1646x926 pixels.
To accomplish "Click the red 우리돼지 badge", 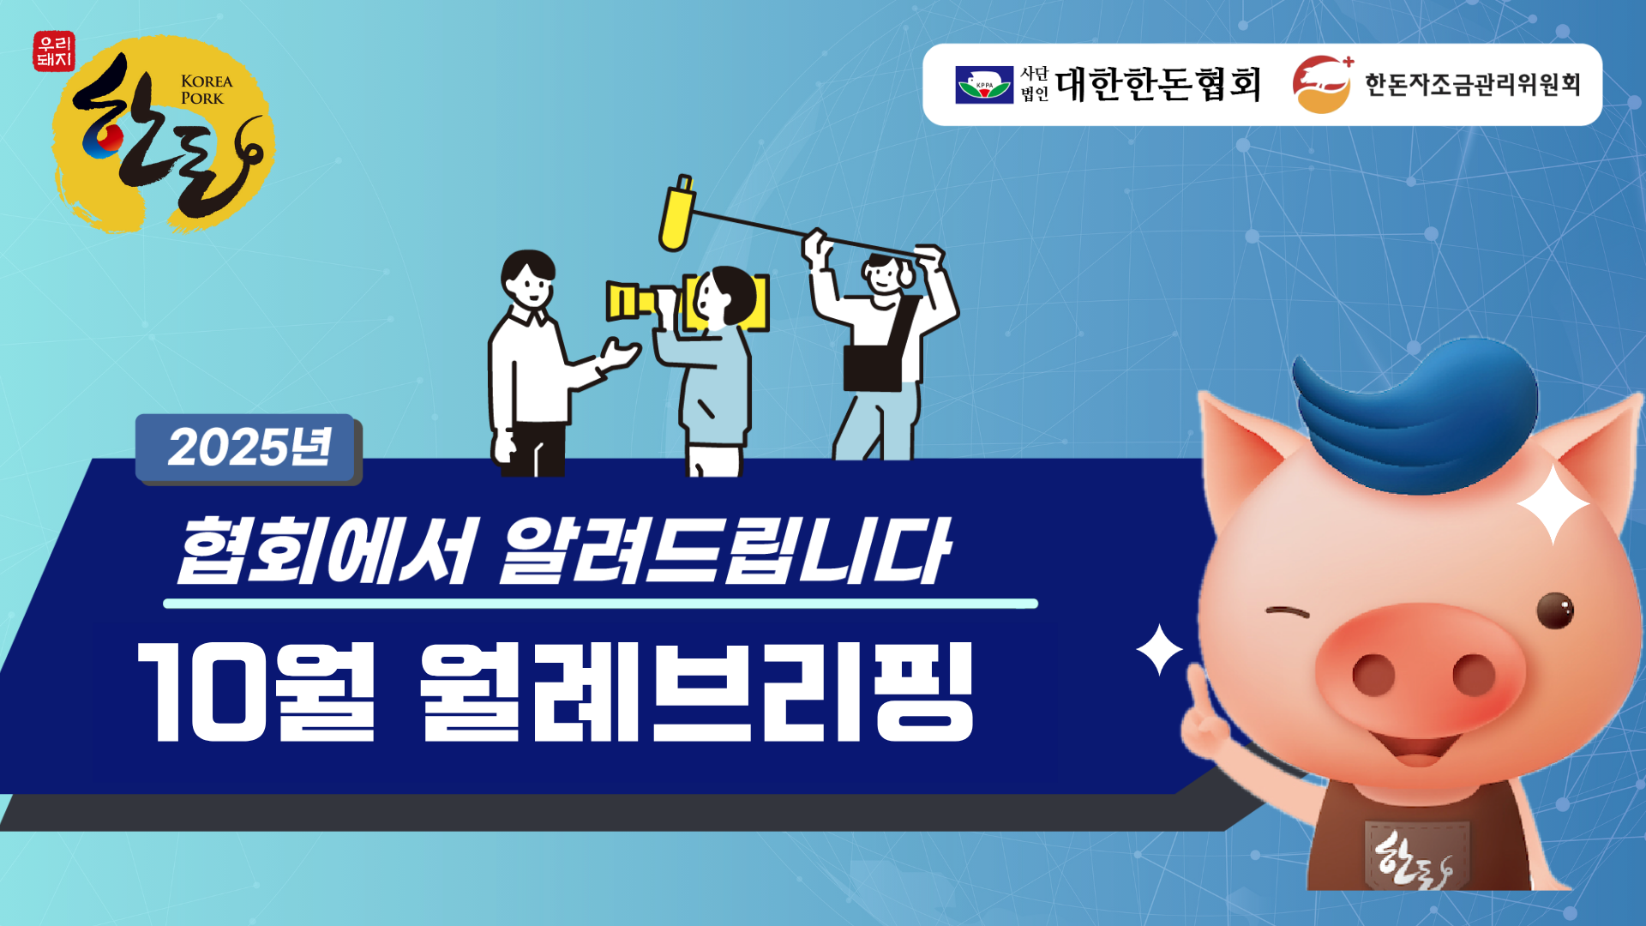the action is click(54, 51).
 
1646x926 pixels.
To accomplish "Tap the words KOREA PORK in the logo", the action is click(207, 90).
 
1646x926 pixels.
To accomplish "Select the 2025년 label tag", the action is click(248, 448).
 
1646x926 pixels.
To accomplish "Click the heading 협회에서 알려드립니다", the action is click(562, 551).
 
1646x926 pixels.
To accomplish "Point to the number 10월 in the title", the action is click(256, 692).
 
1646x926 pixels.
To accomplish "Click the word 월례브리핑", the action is click(697, 692).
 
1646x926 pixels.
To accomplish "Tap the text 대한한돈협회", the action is click(1158, 84).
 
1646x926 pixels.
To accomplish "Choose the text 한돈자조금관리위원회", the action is click(1472, 84).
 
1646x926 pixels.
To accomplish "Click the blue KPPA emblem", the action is click(984, 85).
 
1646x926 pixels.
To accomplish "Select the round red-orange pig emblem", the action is click(1322, 84).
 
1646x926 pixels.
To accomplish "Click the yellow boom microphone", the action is click(676, 213).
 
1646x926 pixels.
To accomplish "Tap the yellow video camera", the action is click(686, 302).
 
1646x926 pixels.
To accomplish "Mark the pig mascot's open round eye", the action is click(1555, 610).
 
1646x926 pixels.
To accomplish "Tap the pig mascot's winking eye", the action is click(1288, 612).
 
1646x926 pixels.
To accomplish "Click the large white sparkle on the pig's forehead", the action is click(1553, 506).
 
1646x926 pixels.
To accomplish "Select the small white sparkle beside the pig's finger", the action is click(1160, 650).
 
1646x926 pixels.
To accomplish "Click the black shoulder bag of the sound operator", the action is click(873, 368).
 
